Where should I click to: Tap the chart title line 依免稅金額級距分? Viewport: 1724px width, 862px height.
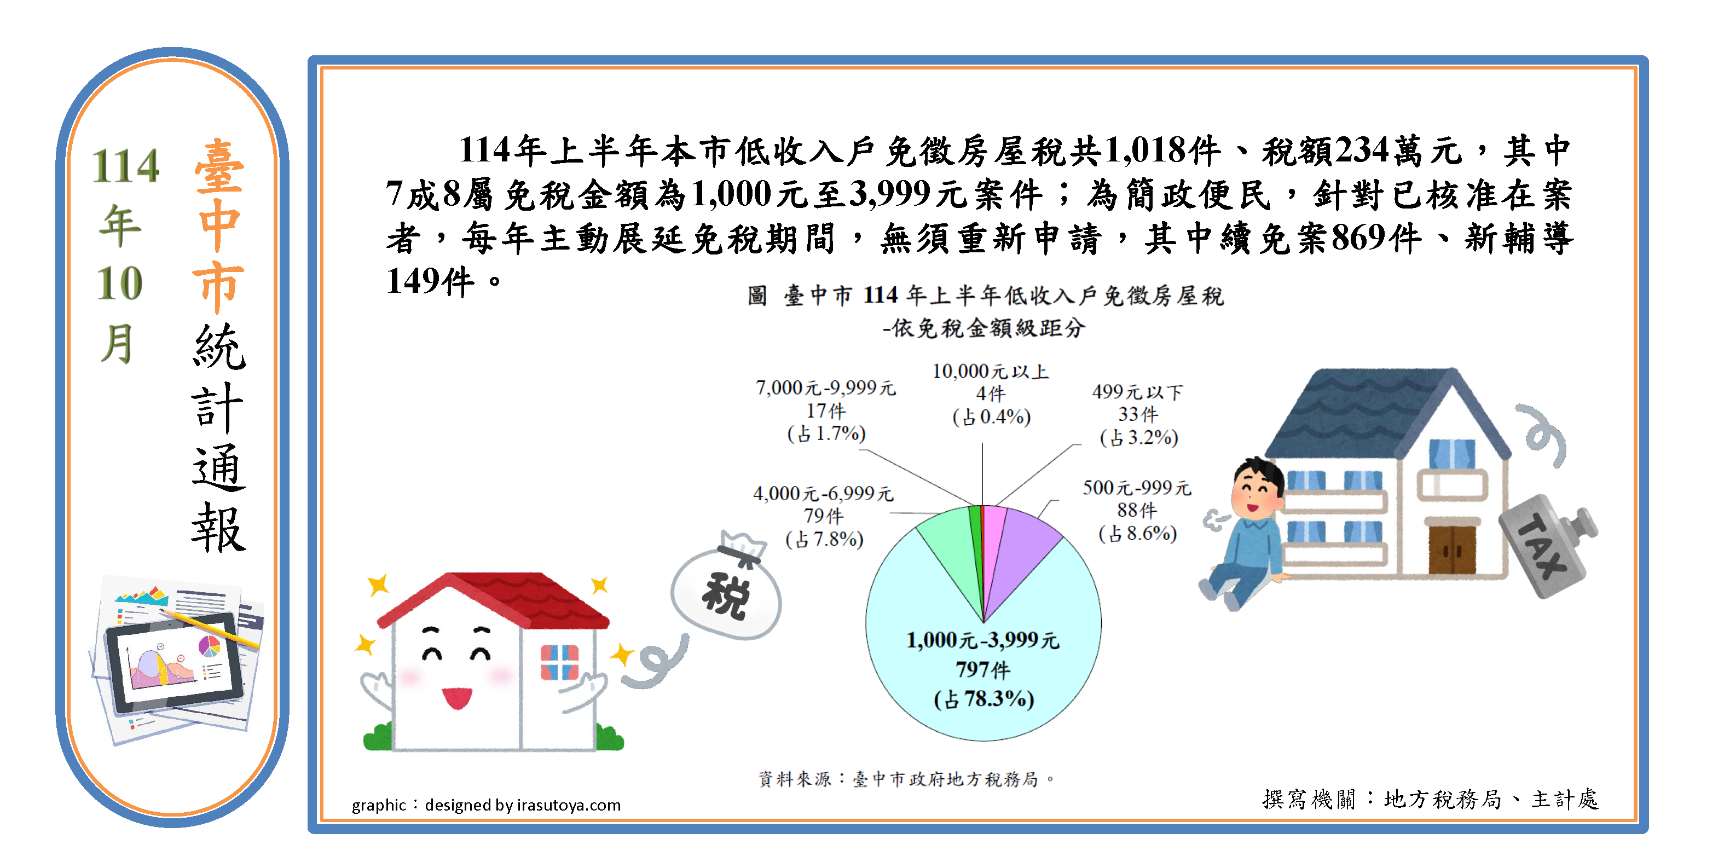(984, 328)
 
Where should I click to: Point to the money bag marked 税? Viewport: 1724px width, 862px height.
(727, 589)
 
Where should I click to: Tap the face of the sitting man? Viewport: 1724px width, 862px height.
(1254, 495)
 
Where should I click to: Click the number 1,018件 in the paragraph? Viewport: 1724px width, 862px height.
(1162, 151)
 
